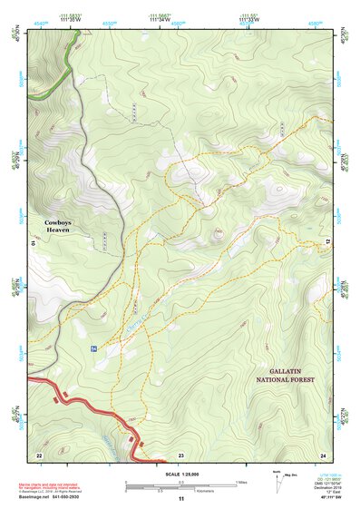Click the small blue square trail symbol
[93, 347]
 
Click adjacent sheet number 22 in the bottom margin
[38, 454]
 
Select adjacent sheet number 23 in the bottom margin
[180, 454]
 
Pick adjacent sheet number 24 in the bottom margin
[322, 454]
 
